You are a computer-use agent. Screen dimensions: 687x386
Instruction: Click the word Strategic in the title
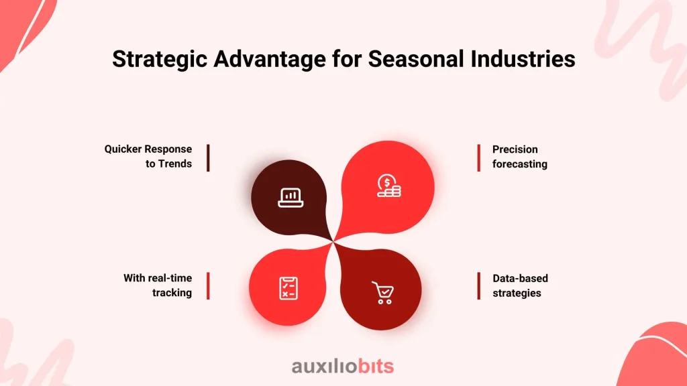pyautogui.click(x=160, y=60)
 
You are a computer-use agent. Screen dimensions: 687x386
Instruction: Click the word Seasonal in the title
pyautogui.click(x=416, y=59)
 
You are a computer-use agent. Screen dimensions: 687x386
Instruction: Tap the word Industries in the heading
pyautogui.click(x=523, y=59)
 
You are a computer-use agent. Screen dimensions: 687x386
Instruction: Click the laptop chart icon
pyautogui.click(x=290, y=198)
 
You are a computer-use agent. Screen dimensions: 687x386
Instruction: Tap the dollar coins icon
pyautogui.click(x=388, y=186)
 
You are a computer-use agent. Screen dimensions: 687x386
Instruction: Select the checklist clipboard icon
pyautogui.click(x=288, y=288)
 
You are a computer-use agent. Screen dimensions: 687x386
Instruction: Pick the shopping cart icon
pyautogui.click(x=383, y=292)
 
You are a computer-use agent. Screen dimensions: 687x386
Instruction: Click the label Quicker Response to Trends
pyautogui.click(x=148, y=156)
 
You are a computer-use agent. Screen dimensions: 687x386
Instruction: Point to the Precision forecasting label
pyautogui.click(x=520, y=157)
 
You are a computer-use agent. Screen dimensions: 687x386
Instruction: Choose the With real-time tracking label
pyautogui.click(x=158, y=285)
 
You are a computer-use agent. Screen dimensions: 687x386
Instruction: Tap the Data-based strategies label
pyautogui.click(x=520, y=285)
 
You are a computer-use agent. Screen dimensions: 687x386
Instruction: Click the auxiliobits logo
pyautogui.click(x=343, y=367)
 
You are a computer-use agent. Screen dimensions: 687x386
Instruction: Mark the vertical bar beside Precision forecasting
pyautogui.click(x=479, y=158)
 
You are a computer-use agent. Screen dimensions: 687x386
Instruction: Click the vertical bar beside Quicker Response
pyautogui.click(x=208, y=158)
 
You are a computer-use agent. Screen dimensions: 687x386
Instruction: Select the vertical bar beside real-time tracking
pyautogui.click(x=208, y=285)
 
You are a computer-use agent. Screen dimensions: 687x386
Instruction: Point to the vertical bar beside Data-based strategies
pyautogui.click(x=479, y=285)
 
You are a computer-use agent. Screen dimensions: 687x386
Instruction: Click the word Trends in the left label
pyautogui.click(x=175, y=164)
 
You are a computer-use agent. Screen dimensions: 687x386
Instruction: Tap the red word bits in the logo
pyautogui.click(x=376, y=367)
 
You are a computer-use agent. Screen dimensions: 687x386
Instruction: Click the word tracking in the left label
pyautogui.click(x=172, y=293)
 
